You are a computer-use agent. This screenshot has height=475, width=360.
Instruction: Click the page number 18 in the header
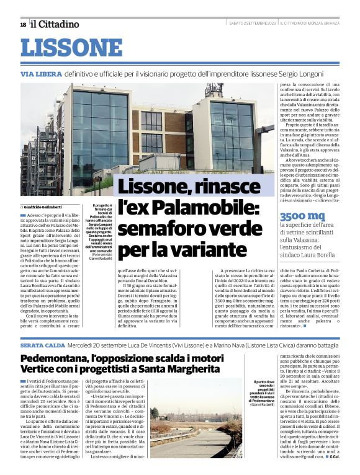(23, 24)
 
